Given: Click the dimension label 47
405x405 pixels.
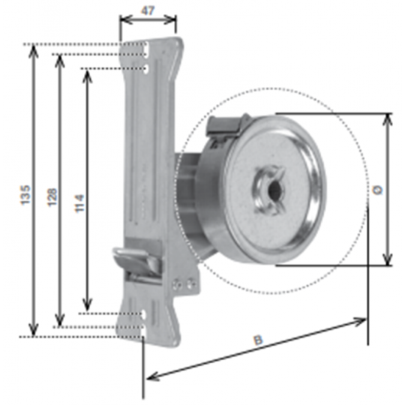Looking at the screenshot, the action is click(148, 10).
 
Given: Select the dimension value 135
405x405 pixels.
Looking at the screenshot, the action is click(25, 195).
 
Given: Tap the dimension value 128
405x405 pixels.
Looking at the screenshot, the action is click(52, 197).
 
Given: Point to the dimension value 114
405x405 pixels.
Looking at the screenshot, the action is click(79, 203).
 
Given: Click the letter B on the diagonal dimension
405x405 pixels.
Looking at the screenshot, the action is click(258, 340).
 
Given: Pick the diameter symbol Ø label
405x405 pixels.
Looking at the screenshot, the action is click(377, 190).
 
